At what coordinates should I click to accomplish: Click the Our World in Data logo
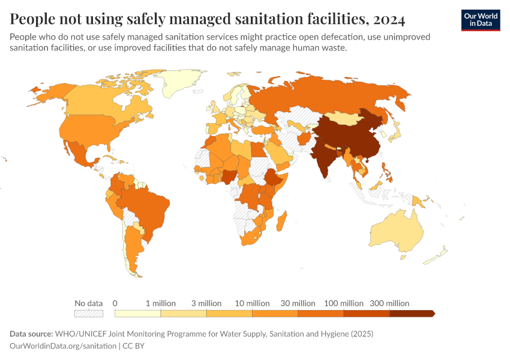pos(480,20)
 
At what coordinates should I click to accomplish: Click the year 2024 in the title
pos(389,19)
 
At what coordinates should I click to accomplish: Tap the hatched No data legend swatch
pos(88,313)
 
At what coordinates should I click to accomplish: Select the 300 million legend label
pos(389,303)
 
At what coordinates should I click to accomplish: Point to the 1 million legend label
pos(161,303)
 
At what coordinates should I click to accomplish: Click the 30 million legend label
pos(298,303)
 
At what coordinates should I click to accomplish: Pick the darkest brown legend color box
pos(411,313)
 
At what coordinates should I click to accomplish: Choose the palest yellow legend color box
pos(137,313)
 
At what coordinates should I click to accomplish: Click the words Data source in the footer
pos(31,334)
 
